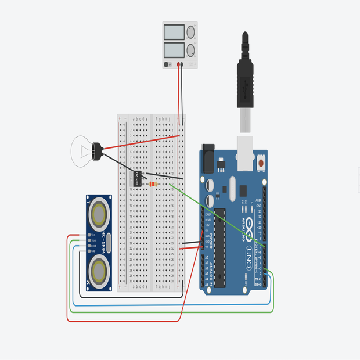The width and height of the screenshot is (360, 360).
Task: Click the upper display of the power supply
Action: pyautogui.click(x=174, y=33)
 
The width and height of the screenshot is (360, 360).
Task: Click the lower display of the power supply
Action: pyautogui.click(x=174, y=49)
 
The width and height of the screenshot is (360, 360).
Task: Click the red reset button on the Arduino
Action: pyautogui.click(x=261, y=163)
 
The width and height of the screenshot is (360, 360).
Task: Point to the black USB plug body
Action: pyautogui.click(x=246, y=81)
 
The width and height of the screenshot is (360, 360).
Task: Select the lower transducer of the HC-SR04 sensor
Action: pyautogui.click(x=100, y=271)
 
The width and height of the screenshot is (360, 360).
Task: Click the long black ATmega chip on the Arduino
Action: pyautogui.click(x=219, y=247)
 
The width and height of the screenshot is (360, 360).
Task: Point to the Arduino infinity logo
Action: pyautogui.click(x=249, y=225)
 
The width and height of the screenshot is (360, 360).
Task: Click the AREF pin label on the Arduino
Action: pyautogui.click(x=258, y=200)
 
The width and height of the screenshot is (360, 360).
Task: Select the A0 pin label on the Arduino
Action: pyautogui.click(x=206, y=257)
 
